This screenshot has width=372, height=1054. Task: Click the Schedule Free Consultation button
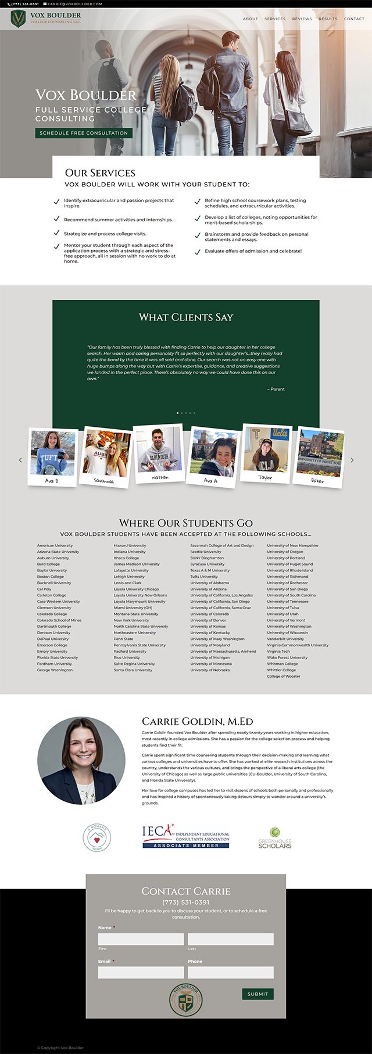(84, 133)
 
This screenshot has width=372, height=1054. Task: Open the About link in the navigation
(250, 19)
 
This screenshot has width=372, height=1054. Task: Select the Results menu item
(328, 19)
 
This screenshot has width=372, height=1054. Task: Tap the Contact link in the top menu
(354, 19)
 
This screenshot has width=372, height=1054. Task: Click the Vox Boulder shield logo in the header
(19, 19)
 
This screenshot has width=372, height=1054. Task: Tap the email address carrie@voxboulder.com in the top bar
(75, 4)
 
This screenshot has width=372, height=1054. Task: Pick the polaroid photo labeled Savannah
(106, 456)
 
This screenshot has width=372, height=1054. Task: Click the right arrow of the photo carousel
(352, 460)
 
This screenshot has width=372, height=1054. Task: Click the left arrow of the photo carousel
(20, 460)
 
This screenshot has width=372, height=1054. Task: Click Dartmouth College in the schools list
(54, 627)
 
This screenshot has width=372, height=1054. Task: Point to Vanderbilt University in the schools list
(285, 639)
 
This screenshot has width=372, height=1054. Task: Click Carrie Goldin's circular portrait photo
(81, 760)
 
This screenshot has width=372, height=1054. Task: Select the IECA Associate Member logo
(186, 837)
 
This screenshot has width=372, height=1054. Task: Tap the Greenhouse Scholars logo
(275, 838)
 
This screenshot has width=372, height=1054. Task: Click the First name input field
(141, 939)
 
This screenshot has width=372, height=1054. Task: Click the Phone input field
(230, 972)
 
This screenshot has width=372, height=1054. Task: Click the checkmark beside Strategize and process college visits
(56, 233)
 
